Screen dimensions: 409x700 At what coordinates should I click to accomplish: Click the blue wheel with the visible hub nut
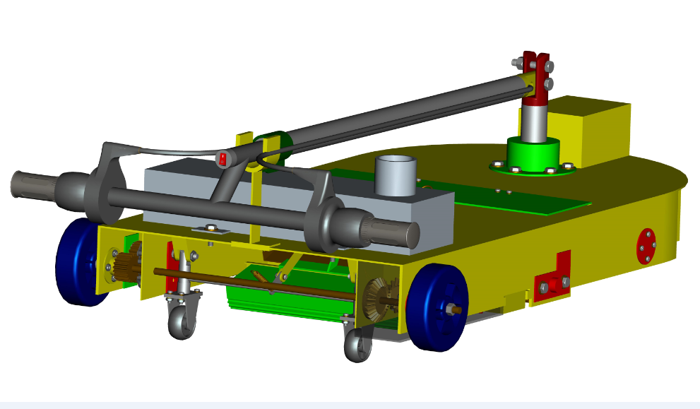438,307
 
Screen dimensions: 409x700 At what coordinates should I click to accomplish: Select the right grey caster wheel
357,346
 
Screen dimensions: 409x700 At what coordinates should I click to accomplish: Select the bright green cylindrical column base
533,154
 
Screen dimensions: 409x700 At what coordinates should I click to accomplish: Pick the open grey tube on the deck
396,175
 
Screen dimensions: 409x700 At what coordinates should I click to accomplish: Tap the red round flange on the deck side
646,245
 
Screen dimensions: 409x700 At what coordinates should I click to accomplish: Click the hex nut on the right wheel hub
449,309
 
